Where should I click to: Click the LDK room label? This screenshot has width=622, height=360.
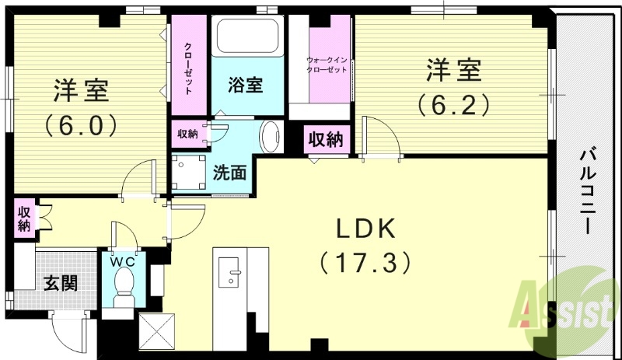pos(365,229)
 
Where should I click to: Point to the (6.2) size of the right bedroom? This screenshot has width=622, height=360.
pos(453,103)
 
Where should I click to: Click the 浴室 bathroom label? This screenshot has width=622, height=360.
pos(245,86)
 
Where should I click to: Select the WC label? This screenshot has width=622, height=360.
pos(122,262)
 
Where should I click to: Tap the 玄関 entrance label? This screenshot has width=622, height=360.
pos(60,282)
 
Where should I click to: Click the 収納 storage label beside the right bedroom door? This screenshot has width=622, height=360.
pos(326,140)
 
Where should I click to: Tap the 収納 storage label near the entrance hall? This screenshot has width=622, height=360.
pos(24,218)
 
